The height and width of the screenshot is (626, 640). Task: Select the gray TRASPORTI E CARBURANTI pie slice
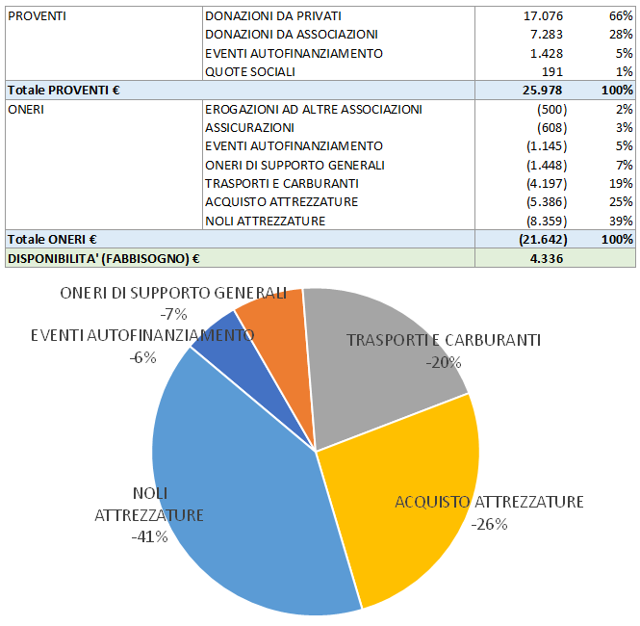coord(385,395)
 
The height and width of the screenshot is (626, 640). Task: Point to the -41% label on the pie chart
coord(149,536)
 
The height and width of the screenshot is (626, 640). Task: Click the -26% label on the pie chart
coord(489,524)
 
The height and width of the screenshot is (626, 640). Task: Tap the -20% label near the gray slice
coord(443,362)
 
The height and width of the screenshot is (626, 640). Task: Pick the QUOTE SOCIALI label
coord(250,70)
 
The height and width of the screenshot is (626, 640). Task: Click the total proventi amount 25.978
coord(544,90)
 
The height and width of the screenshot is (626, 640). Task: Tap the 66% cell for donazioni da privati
coord(620,15)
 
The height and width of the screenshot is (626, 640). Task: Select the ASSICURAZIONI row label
coord(249,127)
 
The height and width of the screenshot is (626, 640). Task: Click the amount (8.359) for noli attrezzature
coord(546,221)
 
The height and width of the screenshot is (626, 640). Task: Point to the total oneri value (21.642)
coord(542,239)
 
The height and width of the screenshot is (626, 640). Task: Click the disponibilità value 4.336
coord(545,258)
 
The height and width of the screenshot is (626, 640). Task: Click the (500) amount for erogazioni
coord(551,109)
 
